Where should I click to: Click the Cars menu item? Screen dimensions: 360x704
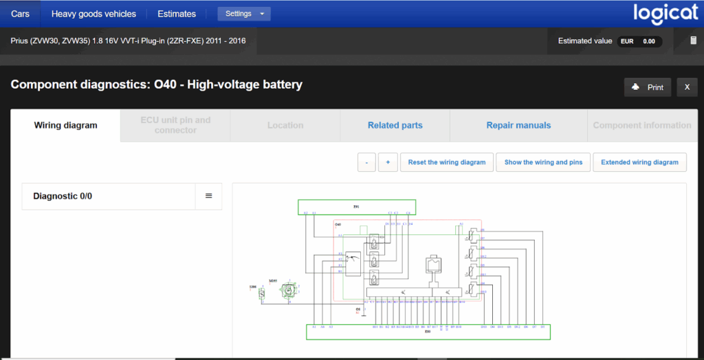click(20, 14)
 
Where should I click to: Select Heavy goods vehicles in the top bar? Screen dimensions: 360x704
click(93, 14)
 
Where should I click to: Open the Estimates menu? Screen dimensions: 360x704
click(177, 14)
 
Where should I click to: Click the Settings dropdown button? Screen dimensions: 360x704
click(244, 14)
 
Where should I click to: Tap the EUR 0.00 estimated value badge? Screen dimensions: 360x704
click(639, 41)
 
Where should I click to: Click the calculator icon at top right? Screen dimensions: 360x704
click(694, 41)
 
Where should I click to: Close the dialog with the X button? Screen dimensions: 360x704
click(687, 87)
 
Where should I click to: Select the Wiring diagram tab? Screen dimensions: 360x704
click(65, 125)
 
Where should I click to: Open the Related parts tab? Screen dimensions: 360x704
click(395, 125)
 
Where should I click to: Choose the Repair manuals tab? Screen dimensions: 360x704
click(518, 125)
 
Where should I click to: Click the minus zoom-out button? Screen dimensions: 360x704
click(366, 162)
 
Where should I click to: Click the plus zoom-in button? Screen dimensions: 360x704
click(388, 162)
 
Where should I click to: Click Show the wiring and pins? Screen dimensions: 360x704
click(543, 162)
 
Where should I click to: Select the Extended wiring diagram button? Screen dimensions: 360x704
click(639, 162)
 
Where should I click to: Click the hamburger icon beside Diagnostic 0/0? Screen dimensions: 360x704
click(209, 196)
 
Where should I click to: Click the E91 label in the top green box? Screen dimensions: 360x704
click(356, 206)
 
